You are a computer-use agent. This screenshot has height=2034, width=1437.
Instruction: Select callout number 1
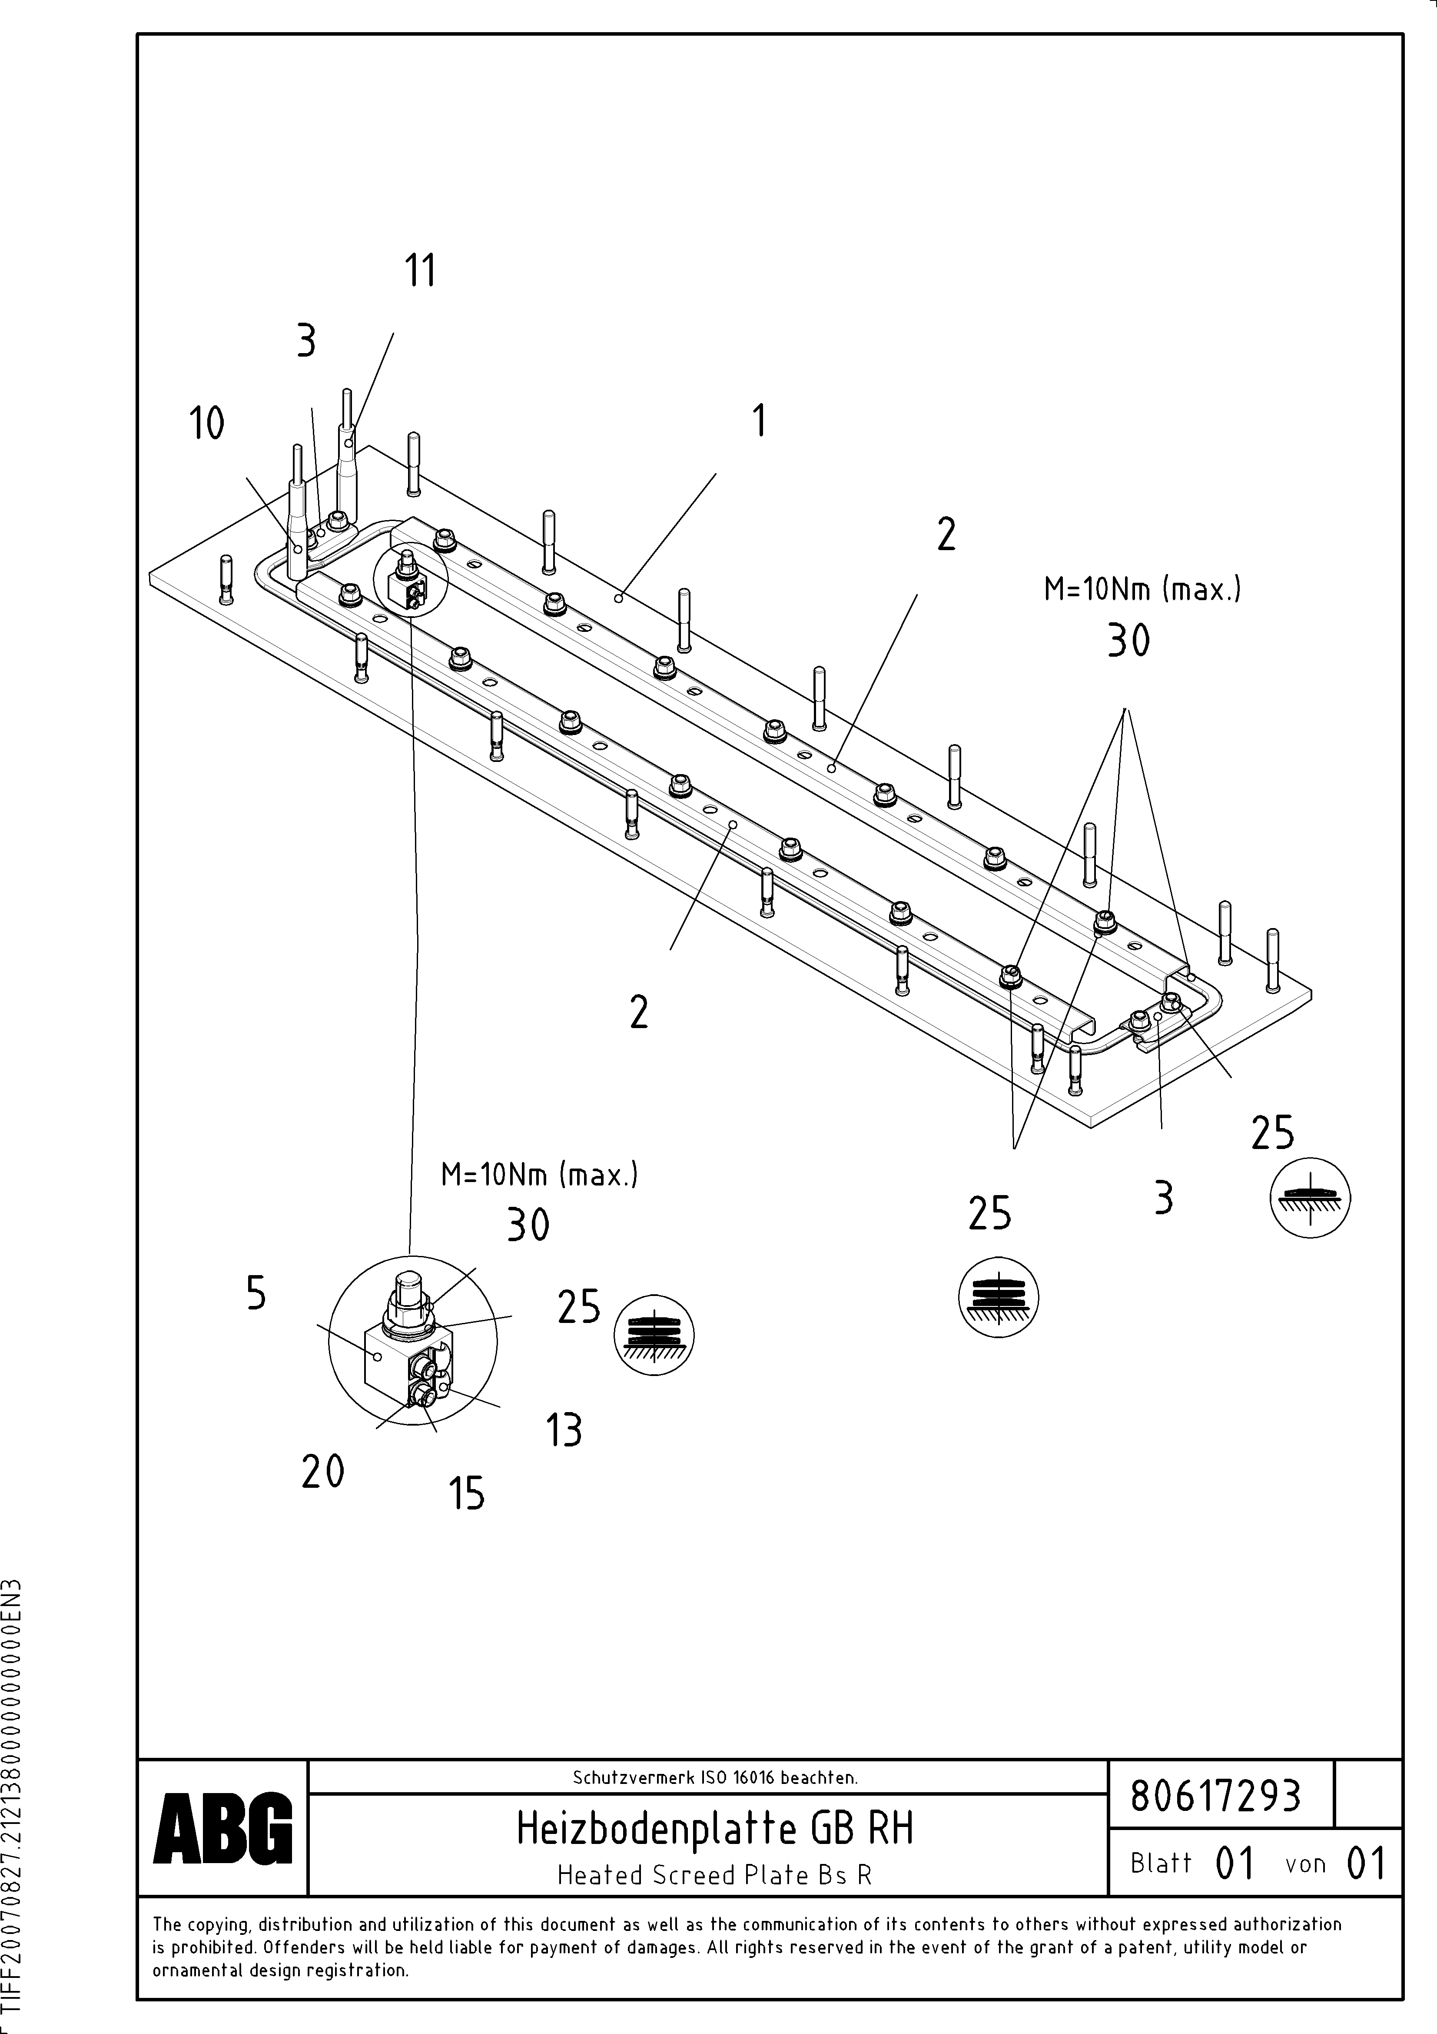pos(759,421)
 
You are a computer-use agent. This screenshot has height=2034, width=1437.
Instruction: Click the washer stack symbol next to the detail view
pos(654,1335)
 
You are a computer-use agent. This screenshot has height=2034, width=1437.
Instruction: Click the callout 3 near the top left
pos(305,341)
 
